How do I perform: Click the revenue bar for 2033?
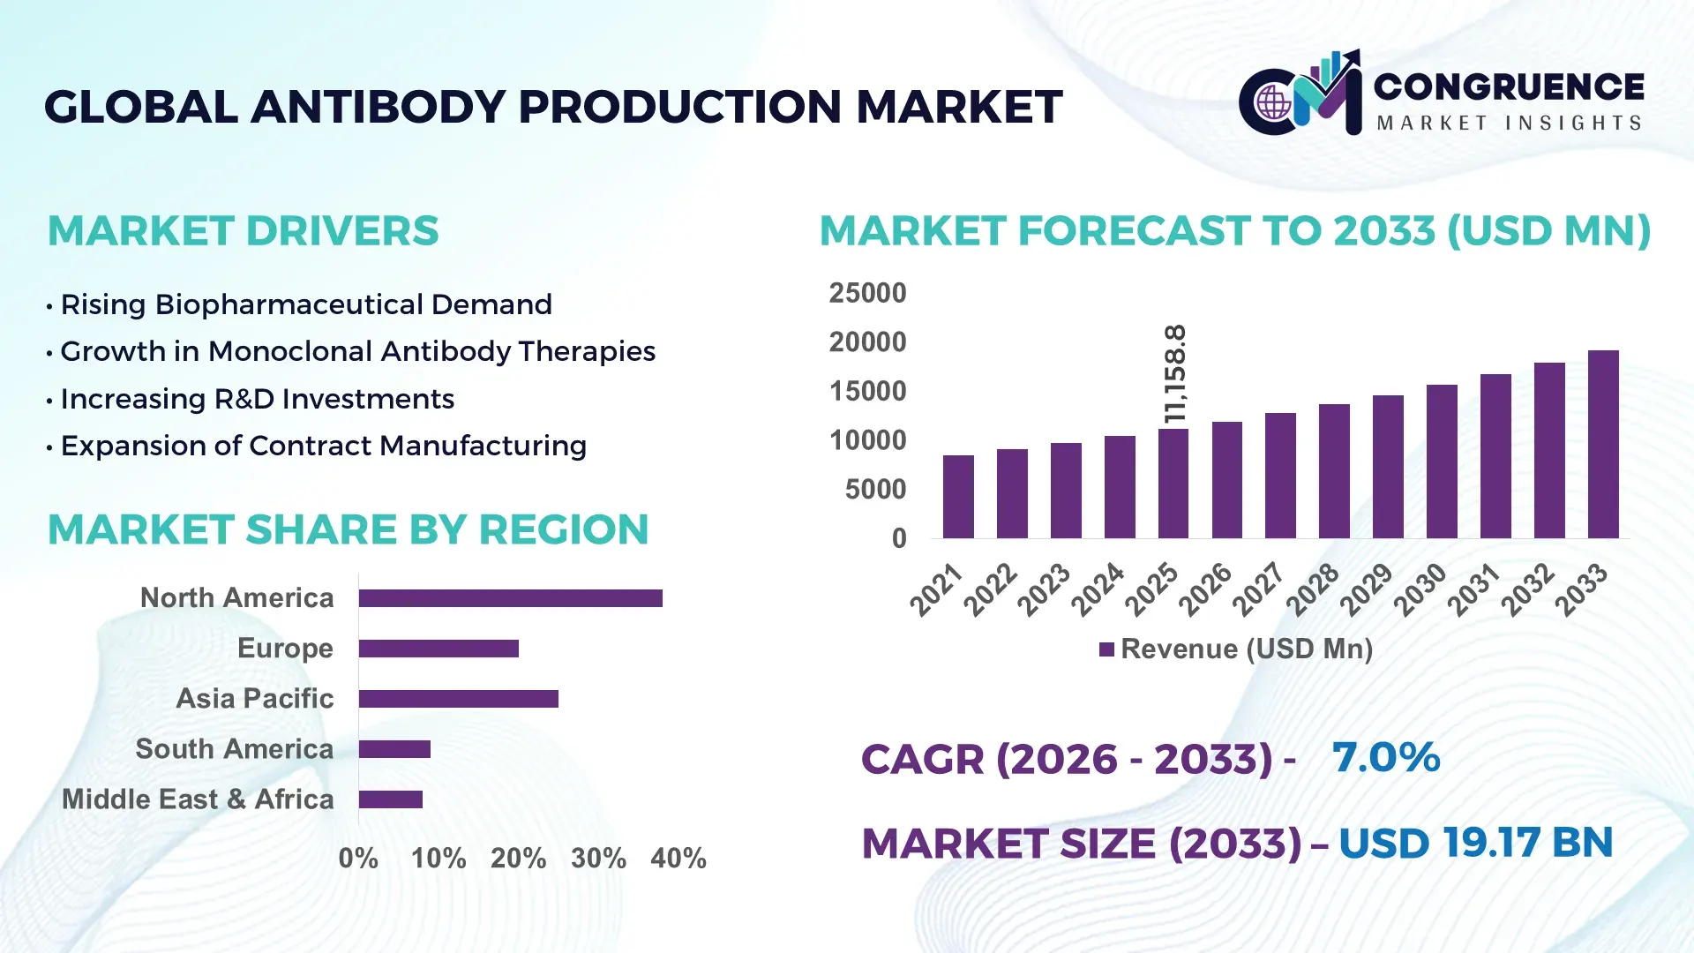click(1603, 445)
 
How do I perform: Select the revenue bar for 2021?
click(958, 497)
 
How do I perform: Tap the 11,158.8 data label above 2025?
click(1175, 374)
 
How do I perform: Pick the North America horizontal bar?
click(510, 598)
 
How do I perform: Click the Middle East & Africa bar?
click(390, 799)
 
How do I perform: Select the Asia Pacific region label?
click(255, 698)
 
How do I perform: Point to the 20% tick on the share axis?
click(518, 858)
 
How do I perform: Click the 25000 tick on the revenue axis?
click(867, 293)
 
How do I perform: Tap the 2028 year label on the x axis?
click(1313, 589)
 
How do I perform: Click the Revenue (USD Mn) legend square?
click(1106, 649)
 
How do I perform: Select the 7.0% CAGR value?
click(1385, 757)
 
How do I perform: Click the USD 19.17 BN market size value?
click(1475, 843)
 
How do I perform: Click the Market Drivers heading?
click(243, 231)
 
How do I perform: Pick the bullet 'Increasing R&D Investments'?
click(257, 399)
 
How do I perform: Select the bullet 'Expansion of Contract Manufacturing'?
click(323, 446)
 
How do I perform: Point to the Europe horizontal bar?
click(438, 649)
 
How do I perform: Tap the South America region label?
click(234, 748)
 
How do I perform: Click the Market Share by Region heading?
click(348, 529)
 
